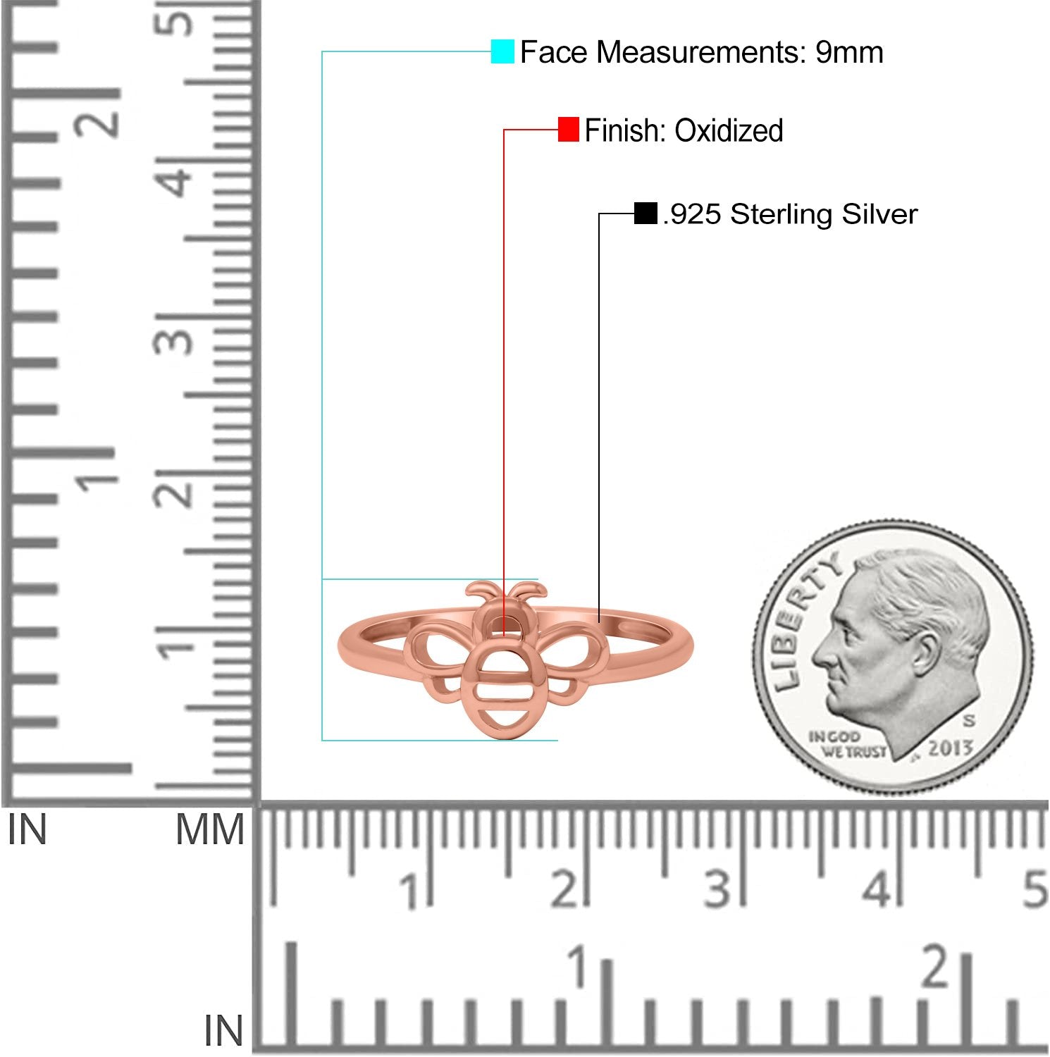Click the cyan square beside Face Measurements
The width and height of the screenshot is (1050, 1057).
502,51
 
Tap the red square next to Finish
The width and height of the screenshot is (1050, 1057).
568,130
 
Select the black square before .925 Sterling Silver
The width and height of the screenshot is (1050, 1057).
646,213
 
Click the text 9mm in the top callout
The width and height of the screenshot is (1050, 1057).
849,52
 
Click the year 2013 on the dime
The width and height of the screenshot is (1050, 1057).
950,748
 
